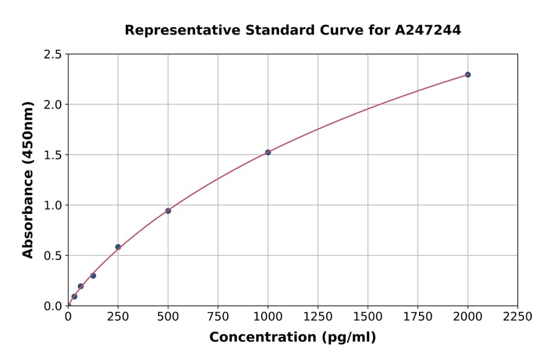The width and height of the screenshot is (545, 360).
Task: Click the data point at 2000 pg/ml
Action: [467, 75]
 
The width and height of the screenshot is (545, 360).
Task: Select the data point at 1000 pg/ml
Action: [268, 152]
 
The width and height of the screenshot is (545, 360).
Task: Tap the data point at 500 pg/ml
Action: [168, 211]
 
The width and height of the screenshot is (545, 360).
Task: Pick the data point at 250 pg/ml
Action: [118, 247]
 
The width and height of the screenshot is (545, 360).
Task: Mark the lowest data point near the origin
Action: [74, 296]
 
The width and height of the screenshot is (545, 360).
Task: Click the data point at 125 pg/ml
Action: [93, 276]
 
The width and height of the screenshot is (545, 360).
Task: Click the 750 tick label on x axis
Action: [218, 317]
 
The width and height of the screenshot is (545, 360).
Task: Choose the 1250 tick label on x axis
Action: [318, 317]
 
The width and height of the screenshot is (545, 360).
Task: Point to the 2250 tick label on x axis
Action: [518, 317]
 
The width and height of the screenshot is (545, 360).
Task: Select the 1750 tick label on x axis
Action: [418, 317]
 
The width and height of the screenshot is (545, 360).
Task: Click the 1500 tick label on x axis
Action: [368, 317]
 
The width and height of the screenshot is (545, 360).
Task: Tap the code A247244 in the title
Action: [428, 30]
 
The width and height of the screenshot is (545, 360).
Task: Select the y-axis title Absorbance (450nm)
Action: [28, 180]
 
